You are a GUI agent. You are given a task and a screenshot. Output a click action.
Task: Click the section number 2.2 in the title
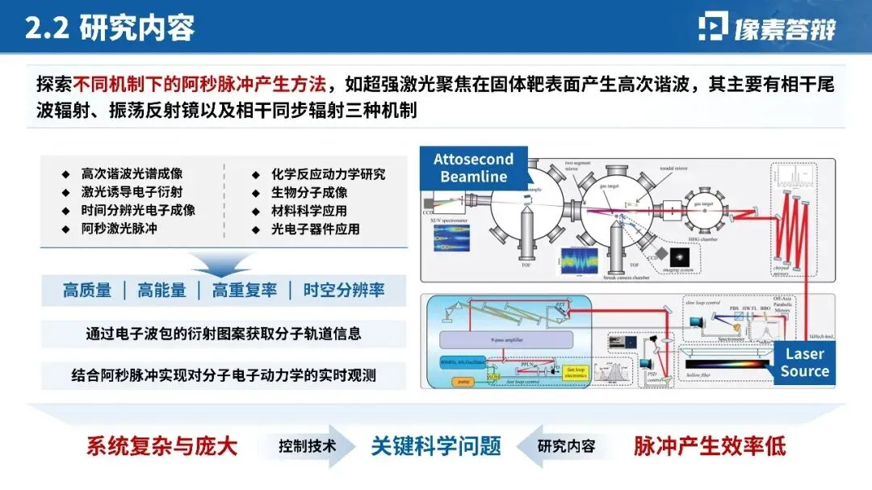pyautogui.click(x=48, y=28)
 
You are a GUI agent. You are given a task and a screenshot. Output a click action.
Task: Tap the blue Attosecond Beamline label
pyautogui.click(x=474, y=168)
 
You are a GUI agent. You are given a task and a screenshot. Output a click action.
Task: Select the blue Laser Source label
pyautogui.click(x=804, y=362)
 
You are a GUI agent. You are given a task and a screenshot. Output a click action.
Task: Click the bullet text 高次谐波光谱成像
pyautogui.click(x=132, y=174)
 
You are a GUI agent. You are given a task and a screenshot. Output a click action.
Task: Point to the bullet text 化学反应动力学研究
pyautogui.click(x=328, y=174)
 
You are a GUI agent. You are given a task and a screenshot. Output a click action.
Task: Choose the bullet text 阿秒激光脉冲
pyautogui.click(x=119, y=228)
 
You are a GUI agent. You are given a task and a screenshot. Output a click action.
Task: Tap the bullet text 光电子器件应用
pyautogui.click(x=316, y=228)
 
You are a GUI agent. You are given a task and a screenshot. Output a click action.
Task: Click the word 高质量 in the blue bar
pyautogui.click(x=87, y=291)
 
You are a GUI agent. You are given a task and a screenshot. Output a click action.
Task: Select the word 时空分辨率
pyautogui.click(x=343, y=291)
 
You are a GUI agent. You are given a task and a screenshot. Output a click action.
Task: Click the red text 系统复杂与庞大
pyautogui.click(x=162, y=446)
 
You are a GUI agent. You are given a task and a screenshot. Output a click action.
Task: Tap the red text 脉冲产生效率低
pyautogui.click(x=710, y=446)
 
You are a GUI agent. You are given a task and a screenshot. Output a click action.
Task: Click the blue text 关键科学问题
pyautogui.click(x=436, y=446)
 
